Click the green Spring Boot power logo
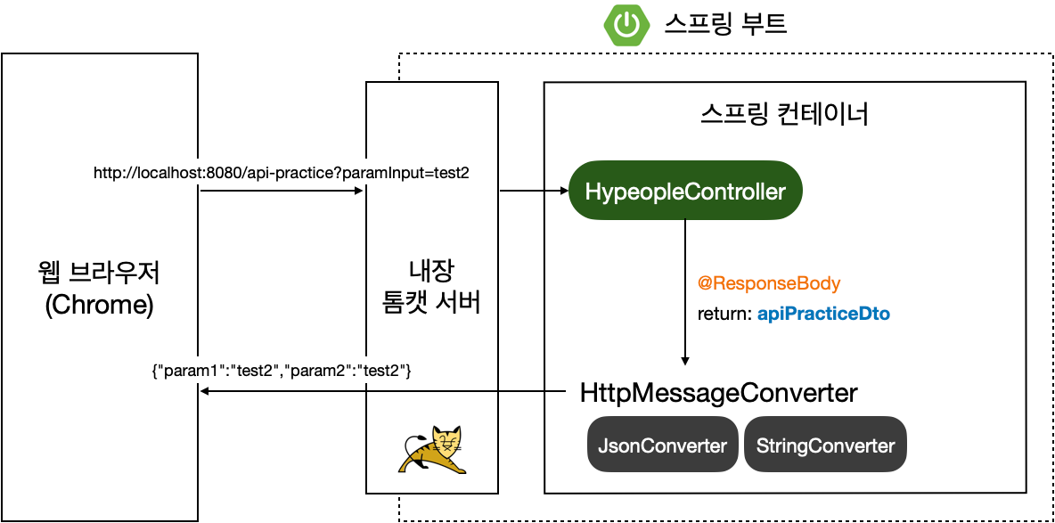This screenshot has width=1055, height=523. click(627, 25)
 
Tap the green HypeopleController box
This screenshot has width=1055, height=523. click(685, 191)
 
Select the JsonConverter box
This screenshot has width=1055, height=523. click(662, 445)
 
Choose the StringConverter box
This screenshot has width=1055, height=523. click(825, 445)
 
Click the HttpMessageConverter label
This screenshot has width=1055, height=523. click(718, 393)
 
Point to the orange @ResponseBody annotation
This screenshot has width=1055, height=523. click(769, 283)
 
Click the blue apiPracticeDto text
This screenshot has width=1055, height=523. click(823, 315)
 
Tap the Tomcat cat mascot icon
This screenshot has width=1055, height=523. click(432, 451)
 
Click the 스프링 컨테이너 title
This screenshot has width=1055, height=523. click(784, 116)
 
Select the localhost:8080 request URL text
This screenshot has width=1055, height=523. click(282, 173)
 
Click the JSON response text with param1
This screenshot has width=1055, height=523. click(282, 372)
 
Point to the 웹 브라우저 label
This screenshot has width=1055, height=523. click(99, 271)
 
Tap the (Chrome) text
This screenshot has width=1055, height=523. click(99, 305)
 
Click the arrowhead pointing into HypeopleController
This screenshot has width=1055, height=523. click(561, 191)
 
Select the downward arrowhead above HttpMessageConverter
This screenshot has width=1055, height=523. click(685, 359)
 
